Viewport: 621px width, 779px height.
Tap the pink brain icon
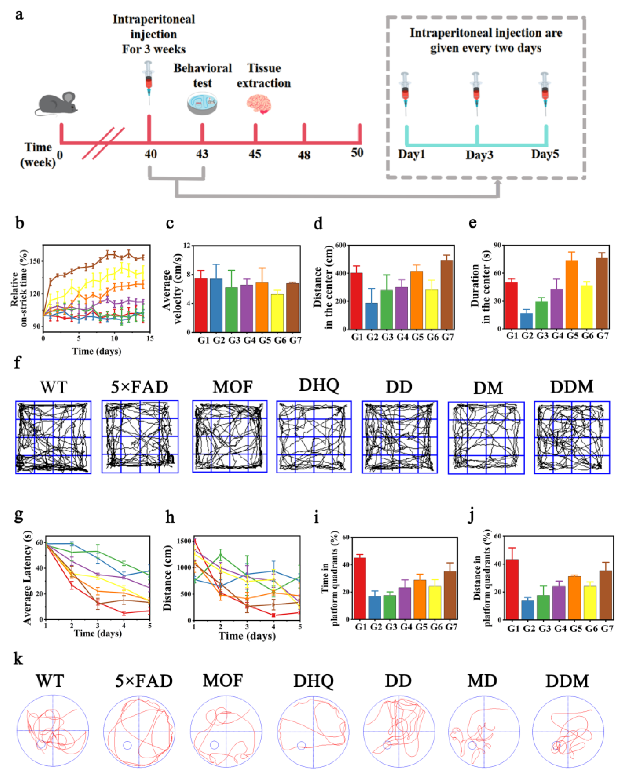pos(259,104)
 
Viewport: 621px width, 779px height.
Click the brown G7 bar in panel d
pos(447,294)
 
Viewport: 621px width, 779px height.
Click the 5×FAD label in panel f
pos(139,387)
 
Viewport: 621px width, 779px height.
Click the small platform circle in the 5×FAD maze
pos(127,745)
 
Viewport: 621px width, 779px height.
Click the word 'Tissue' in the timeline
pos(264,68)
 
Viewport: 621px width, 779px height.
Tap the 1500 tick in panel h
pos(184,541)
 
